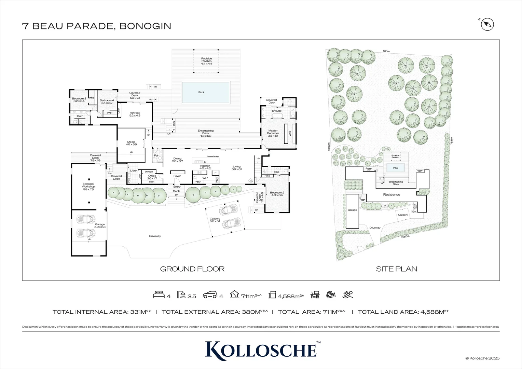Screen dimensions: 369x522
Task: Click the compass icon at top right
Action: (487, 25)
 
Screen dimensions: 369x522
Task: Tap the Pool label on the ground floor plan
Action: (201, 92)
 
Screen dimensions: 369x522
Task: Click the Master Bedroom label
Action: (273, 133)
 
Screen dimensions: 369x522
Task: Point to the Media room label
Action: (131, 143)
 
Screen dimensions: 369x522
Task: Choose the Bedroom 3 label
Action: (79, 100)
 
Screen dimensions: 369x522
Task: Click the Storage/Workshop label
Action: (88, 187)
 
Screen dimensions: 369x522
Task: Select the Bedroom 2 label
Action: (277, 194)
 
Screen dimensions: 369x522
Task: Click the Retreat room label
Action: (135, 114)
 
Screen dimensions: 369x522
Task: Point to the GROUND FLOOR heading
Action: (192, 269)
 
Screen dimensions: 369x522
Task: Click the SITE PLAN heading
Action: (397, 269)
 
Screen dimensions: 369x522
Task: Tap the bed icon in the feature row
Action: (159, 294)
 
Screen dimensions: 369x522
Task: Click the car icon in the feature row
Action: (210, 295)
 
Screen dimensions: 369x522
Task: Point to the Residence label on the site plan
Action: (391, 195)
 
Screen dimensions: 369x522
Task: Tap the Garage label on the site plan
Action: (352, 210)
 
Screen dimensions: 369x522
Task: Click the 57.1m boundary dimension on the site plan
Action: (386, 51)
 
